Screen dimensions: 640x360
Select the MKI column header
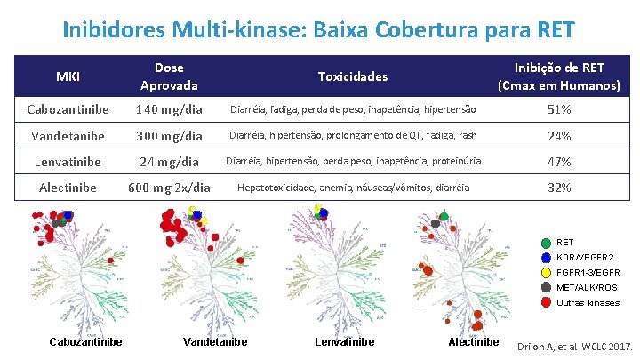tap(68, 76)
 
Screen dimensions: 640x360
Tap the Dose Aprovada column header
tap(169, 76)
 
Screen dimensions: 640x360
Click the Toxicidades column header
tap(354, 76)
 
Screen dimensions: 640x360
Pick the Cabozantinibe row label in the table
tap(68, 109)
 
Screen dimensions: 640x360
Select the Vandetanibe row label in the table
tap(68, 136)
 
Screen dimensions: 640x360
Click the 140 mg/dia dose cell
tap(169, 110)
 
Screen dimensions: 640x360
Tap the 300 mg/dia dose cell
tap(169, 136)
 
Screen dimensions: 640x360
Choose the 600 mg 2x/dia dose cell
tap(169, 188)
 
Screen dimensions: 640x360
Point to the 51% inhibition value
tap(559, 110)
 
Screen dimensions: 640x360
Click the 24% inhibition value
tap(559, 136)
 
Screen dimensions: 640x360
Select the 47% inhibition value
tap(559, 162)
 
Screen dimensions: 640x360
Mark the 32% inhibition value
tap(559, 188)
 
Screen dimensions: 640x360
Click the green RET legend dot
tap(545, 243)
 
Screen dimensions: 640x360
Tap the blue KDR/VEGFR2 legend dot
tap(545, 258)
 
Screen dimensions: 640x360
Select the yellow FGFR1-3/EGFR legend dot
tap(545, 273)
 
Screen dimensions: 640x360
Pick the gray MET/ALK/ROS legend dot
tap(545, 288)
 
